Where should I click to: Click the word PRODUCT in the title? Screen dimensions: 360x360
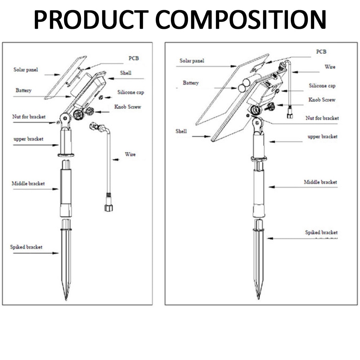[x=91, y=20]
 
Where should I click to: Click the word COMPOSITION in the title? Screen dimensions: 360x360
[x=241, y=20]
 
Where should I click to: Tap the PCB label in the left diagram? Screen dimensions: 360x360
[x=134, y=58]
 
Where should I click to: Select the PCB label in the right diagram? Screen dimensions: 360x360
[x=321, y=52]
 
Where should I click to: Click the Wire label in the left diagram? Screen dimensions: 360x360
[x=130, y=154]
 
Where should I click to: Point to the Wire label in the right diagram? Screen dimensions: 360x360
[x=330, y=67]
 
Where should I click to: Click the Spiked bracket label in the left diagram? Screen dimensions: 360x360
[x=26, y=247]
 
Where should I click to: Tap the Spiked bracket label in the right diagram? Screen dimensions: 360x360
[x=321, y=233]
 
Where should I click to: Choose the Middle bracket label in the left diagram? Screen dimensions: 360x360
[x=28, y=184]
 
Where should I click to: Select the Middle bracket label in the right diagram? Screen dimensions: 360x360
[x=320, y=182]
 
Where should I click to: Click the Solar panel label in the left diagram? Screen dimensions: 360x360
[x=26, y=69]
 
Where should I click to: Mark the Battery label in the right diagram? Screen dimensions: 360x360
[x=190, y=83]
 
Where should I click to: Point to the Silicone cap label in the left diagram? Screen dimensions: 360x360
[x=131, y=93]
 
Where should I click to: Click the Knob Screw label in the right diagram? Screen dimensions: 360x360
[x=322, y=100]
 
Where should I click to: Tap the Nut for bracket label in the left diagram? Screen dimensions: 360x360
[x=29, y=117]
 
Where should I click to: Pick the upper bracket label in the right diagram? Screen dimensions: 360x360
[x=323, y=137]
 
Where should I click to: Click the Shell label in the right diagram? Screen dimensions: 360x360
[x=181, y=131]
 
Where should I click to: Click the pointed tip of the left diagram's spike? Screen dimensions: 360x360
[x=66, y=298]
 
